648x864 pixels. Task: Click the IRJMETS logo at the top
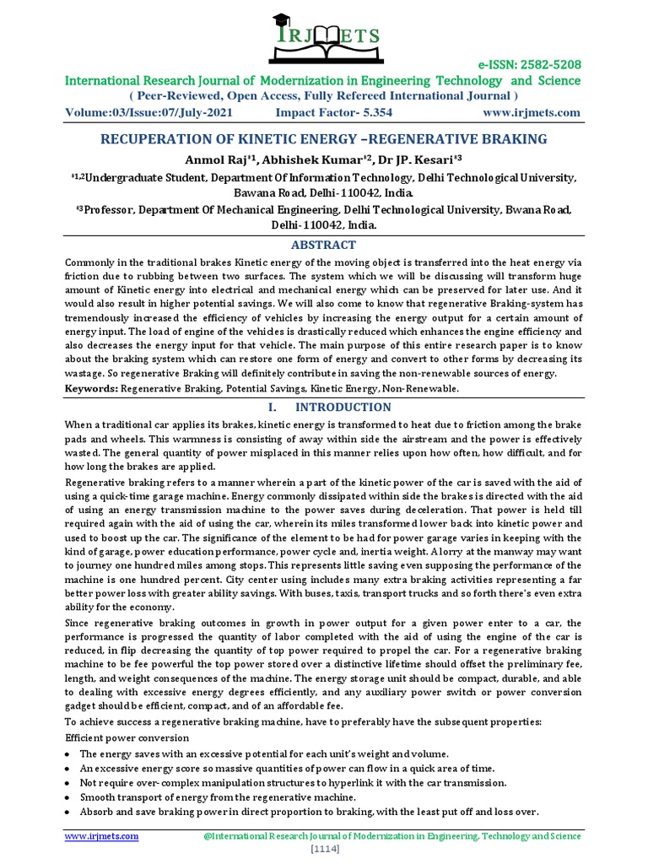(323, 37)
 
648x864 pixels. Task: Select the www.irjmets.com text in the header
(532, 112)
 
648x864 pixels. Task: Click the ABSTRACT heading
(323, 245)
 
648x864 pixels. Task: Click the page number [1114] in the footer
(323, 850)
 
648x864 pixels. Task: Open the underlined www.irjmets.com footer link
(102, 836)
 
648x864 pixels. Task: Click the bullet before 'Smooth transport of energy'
(68, 797)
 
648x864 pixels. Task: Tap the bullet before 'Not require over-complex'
(68, 782)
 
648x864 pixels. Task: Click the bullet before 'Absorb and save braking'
(68, 813)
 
